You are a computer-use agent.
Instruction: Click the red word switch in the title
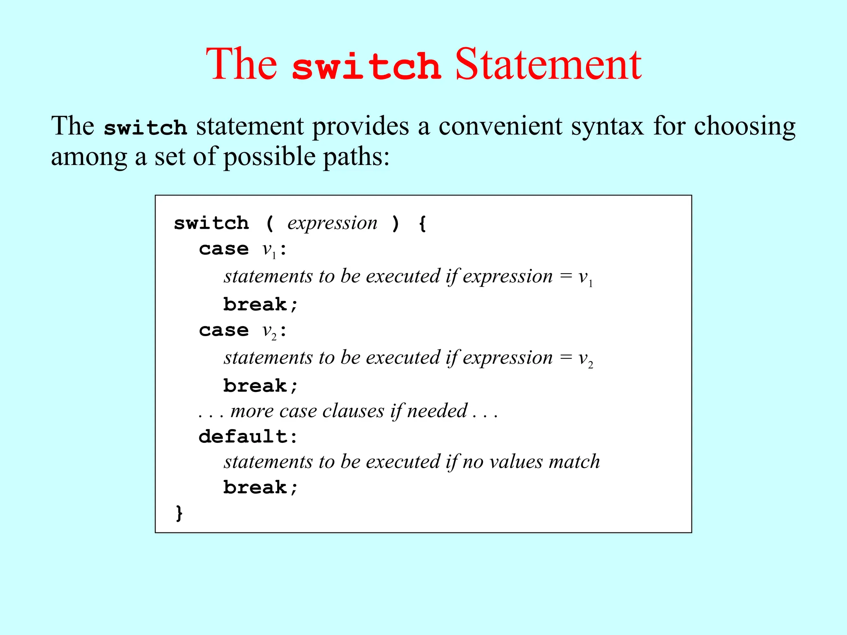pos(366,66)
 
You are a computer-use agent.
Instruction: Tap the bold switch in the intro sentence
pos(145,127)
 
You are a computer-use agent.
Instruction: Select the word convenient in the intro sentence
pos(500,126)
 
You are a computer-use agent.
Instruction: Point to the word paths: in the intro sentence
pos(356,157)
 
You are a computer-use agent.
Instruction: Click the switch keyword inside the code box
pos(211,223)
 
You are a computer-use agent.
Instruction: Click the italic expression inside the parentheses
pos(332,223)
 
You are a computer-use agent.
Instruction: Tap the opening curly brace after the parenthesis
pos(422,224)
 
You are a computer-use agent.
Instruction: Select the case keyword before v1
pos(224,249)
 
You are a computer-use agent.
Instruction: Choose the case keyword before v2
pos(224,330)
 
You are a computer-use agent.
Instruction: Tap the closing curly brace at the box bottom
pos(179,513)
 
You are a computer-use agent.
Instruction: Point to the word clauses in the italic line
pos(353,411)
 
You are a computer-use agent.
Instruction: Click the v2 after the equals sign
pos(586,358)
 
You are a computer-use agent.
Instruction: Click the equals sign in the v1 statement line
pos(566,276)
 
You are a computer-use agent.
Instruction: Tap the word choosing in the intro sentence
pos(744,126)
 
